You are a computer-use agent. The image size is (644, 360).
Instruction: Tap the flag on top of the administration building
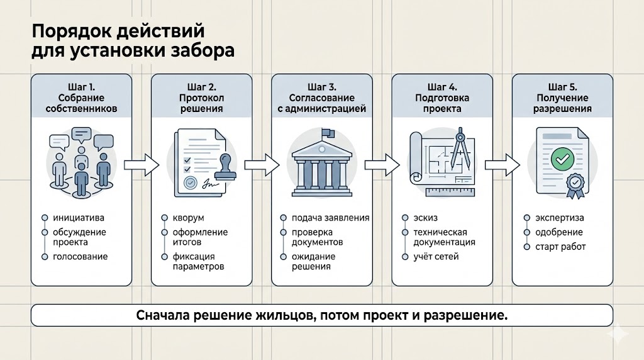click(328, 133)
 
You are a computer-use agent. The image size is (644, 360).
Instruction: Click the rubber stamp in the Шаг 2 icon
click(225, 167)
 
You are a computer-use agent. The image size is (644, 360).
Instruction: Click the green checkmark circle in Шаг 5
click(560, 159)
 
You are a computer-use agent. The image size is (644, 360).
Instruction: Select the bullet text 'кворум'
click(188, 218)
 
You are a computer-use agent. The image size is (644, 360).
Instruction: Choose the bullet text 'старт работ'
click(560, 247)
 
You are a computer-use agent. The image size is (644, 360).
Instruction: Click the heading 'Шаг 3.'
click(321, 87)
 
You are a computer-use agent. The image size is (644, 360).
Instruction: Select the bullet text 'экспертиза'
click(560, 218)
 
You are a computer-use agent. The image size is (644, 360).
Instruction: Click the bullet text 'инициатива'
click(78, 218)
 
